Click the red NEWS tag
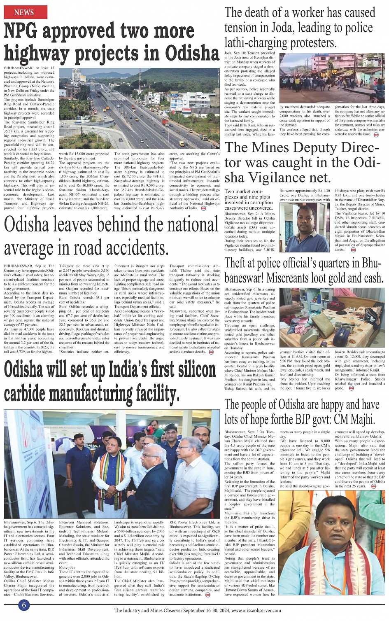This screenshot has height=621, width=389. coord(24,13)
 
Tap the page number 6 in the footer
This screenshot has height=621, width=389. coord(24,605)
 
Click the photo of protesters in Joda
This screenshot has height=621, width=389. coord(332,78)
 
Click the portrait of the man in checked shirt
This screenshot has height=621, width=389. coord(304,227)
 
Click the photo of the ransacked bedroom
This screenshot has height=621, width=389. coord(332,318)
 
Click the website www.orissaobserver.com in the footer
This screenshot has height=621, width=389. coord(256,611)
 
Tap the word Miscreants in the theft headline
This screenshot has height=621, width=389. coord(296,278)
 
